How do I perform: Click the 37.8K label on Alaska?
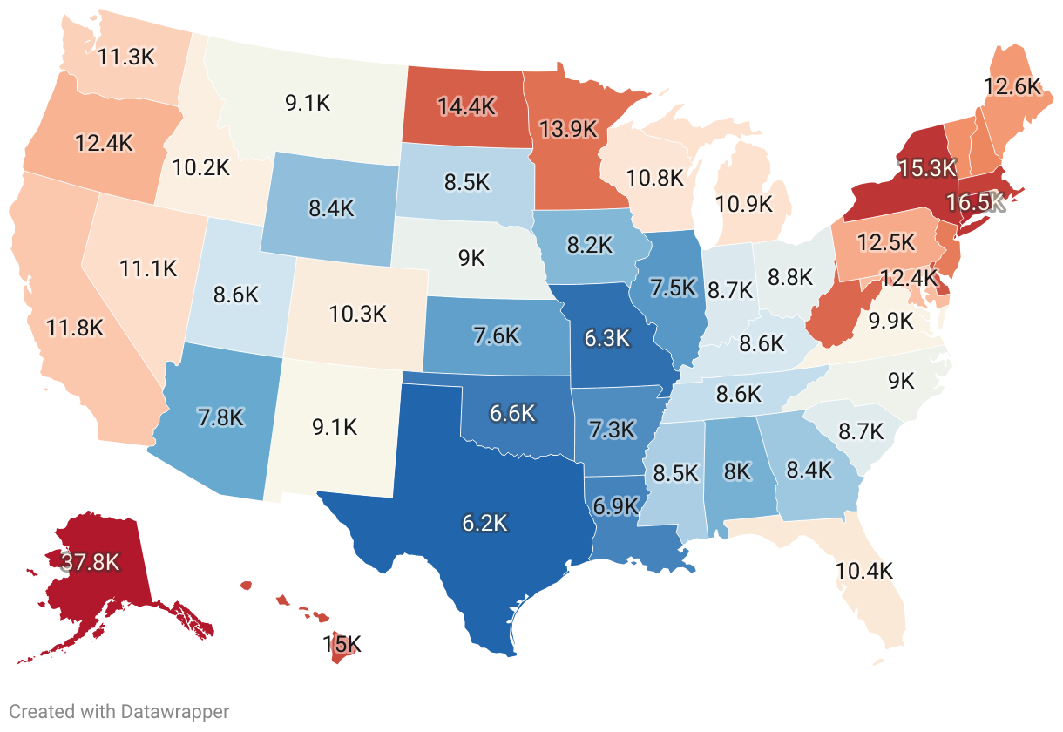90,562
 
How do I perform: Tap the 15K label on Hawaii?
342,645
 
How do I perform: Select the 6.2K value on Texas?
484,524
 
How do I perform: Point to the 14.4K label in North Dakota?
466,106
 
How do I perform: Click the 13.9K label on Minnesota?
568,129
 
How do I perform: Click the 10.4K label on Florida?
864,572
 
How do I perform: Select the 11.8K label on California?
76,328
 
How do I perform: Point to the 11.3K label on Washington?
126,58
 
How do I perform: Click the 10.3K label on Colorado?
357,314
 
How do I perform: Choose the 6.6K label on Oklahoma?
511,413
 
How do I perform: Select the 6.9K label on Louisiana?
616,505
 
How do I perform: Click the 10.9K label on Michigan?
743,204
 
